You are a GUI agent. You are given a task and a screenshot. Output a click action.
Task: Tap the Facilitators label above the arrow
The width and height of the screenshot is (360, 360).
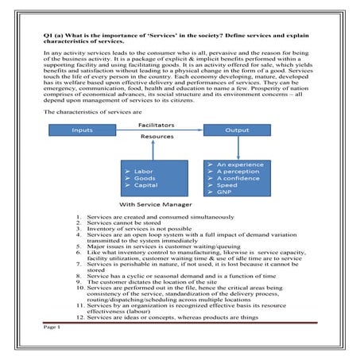(x=157, y=126)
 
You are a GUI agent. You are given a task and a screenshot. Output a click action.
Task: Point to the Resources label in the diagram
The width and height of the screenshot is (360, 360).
(x=157, y=137)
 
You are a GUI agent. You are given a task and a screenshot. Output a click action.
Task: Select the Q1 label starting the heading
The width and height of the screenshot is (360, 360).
(x=49, y=37)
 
